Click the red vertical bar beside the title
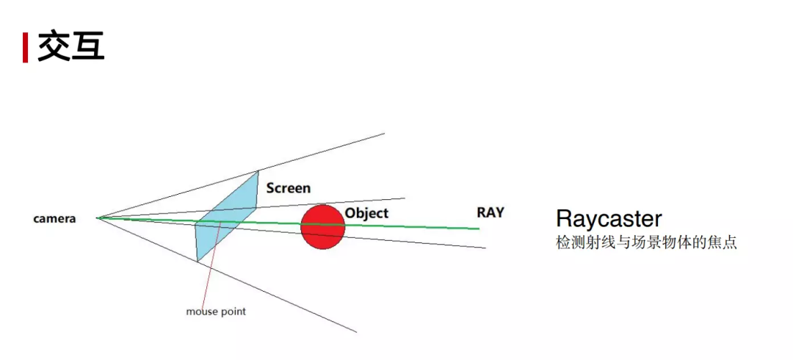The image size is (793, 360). (x=26, y=47)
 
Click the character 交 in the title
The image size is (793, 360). (x=54, y=46)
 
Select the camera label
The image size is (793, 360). (x=54, y=219)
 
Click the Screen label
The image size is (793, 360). (x=288, y=188)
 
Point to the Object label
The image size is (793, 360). (x=366, y=213)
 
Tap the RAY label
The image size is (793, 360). (x=490, y=212)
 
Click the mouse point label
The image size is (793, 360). (x=216, y=312)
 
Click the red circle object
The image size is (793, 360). (x=322, y=228)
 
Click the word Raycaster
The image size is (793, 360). (x=609, y=218)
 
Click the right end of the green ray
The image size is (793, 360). (x=478, y=228)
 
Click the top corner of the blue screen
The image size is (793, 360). (x=258, y=171)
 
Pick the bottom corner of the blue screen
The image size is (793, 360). (x=198, y=261)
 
